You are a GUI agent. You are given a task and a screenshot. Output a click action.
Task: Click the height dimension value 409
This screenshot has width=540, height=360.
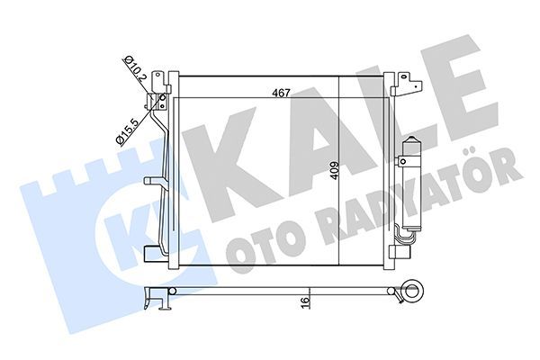click(334, 170)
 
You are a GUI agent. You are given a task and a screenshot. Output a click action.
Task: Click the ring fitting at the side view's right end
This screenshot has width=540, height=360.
click(417, 291)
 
